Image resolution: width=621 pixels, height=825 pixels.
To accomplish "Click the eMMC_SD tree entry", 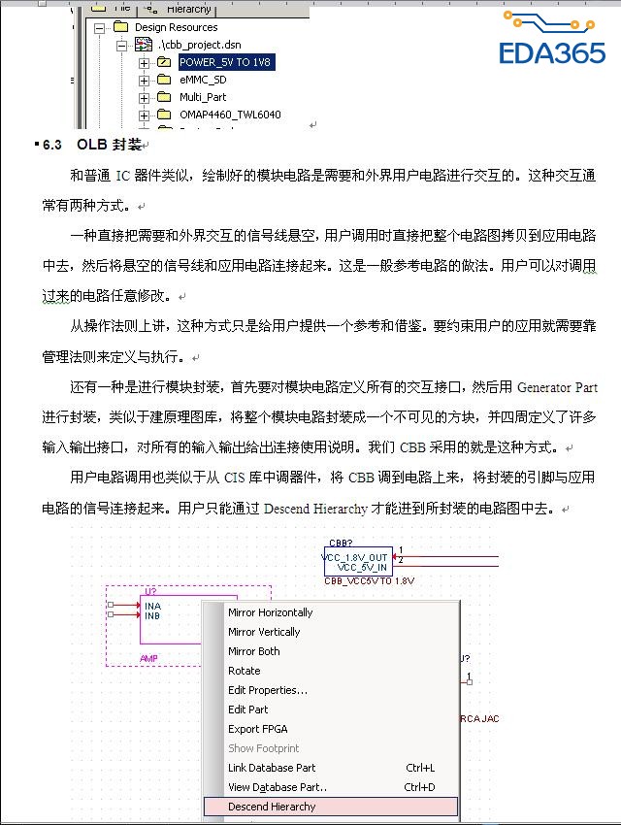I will (203, 80).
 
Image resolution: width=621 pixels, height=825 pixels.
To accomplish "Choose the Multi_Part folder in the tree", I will (203, 97).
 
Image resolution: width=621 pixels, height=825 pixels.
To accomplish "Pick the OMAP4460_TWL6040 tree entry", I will (230, 115).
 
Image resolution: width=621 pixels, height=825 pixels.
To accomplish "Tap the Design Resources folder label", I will (176, 27).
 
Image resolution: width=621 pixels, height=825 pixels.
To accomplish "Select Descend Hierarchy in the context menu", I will (272, 807).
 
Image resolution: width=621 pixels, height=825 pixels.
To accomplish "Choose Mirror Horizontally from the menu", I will (270, 612).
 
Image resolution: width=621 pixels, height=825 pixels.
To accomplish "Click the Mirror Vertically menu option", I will (264, 632).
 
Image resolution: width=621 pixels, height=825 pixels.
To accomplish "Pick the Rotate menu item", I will (244, 671).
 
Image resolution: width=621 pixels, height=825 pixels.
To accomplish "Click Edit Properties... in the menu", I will (267, 690).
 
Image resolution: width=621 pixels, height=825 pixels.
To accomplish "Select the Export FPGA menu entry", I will (257, 729).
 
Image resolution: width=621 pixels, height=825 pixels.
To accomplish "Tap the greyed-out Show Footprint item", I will (263, 748).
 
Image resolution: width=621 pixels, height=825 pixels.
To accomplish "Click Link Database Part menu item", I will (272, 768).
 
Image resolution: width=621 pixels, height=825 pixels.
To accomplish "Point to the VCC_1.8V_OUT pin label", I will (356, 557).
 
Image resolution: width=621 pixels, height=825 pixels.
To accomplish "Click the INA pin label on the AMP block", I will (152, 606).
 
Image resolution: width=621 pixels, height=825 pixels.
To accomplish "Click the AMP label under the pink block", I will (148, 657).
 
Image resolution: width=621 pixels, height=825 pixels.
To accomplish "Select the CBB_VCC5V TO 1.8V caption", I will (369, 580).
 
